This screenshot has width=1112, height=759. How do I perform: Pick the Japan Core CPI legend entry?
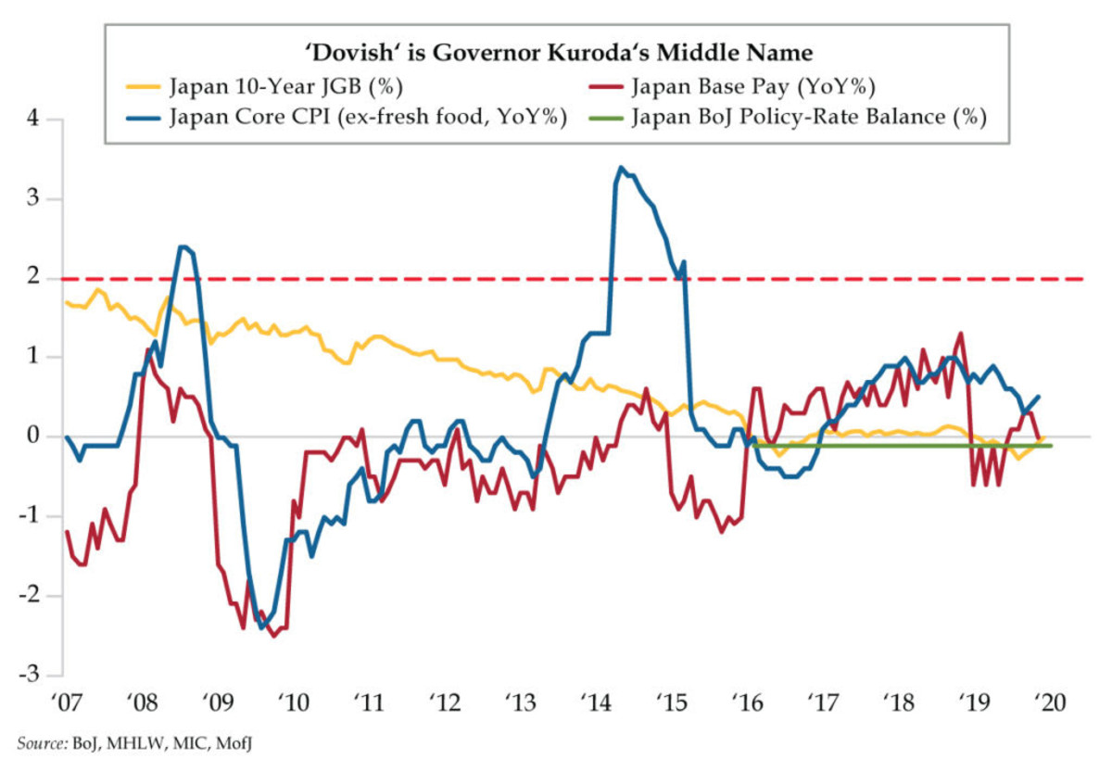coord(365,118)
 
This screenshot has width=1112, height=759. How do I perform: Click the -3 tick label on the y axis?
coord(35,675)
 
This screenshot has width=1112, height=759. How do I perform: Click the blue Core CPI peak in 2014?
coord(620,168)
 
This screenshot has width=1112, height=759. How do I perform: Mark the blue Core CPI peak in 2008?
coord(183,247)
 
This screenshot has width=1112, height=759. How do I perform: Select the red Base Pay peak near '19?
coord(960,334)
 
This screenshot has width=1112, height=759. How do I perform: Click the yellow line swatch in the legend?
coord(141,89)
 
